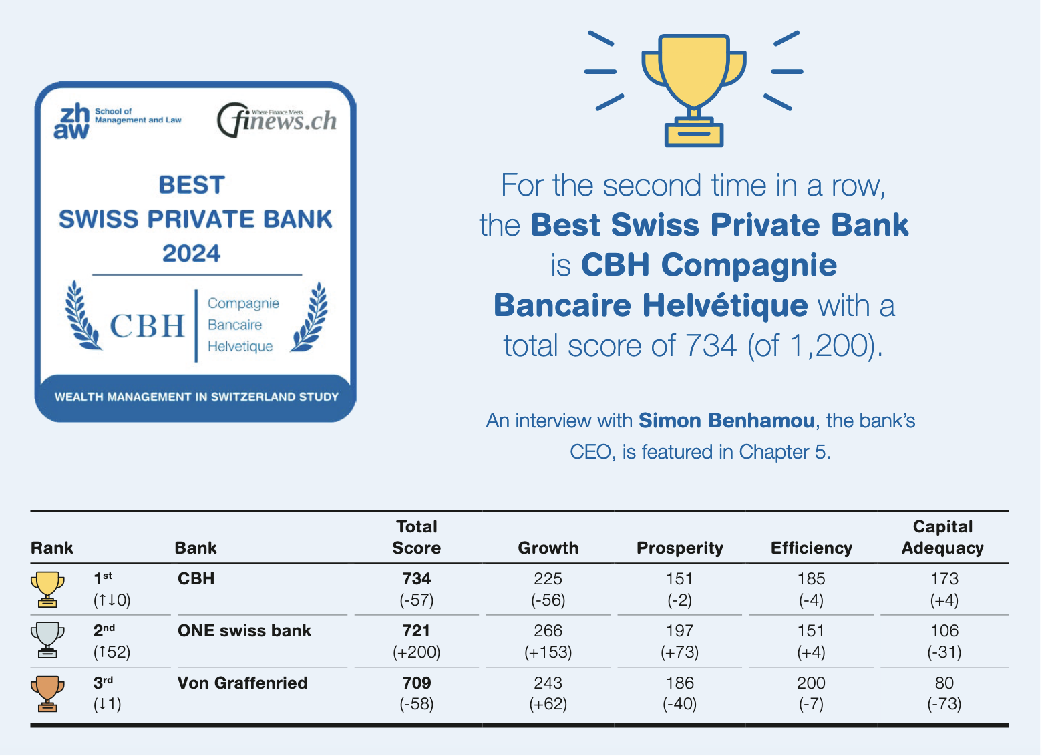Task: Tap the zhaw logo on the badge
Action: [118, 120]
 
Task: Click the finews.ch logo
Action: [277, 120]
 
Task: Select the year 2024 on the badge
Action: [191, 254]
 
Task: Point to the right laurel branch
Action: [309, 317]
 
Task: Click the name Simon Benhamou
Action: [727, 421]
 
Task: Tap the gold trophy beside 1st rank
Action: [47, 590]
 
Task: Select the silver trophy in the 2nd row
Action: [47, 640]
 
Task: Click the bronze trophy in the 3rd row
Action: [47, 694]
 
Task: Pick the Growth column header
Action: [548, 548]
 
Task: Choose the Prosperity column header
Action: [679, 548]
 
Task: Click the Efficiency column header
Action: [812, 548]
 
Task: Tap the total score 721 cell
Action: [416, 631]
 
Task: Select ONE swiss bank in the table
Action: [244, 631]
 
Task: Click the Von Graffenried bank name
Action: [242, 683]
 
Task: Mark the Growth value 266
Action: [548, 631]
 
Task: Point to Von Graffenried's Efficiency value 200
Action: [811, 683]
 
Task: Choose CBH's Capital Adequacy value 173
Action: [944, 579]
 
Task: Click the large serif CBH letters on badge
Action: [147, 326]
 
